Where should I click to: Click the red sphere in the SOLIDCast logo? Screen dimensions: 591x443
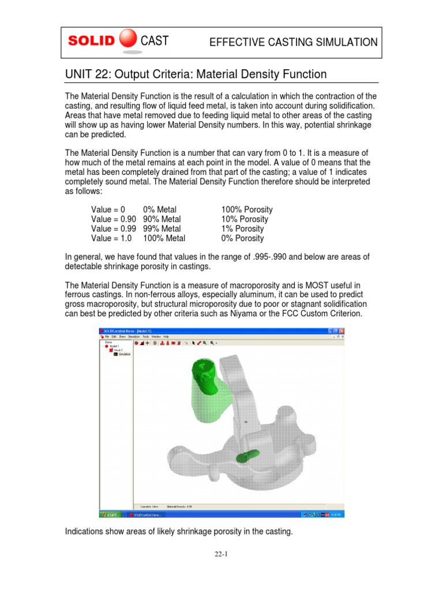click(128, 40)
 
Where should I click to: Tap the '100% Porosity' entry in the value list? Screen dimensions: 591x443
click(247, 210)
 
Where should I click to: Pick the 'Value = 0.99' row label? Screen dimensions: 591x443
click(114, 229)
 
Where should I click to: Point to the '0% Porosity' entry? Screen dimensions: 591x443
click(242, 238)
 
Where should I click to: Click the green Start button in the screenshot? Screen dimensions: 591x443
click(109, 514)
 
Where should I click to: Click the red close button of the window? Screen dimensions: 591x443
click(342, 330)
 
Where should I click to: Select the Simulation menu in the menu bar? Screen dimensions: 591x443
click(134, 336)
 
